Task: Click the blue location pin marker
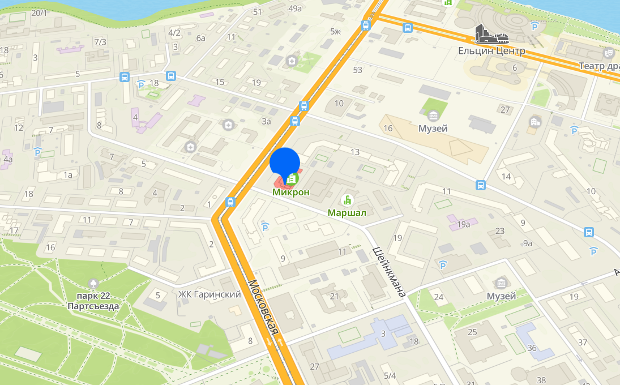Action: coord(285,162)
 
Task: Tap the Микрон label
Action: coord(291,192)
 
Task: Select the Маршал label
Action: coord(347,213)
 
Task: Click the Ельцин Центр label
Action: coord(491,51)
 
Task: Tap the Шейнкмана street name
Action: coord(390,272)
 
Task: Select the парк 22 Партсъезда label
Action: coord(93,301)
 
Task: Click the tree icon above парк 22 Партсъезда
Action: coord(93,283)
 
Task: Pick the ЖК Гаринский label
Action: coord(209,294)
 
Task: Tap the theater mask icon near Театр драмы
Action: coord(609,53)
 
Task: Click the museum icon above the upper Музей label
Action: coord(433,116)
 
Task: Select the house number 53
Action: coord(357,70)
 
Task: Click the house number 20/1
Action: coord(40,12)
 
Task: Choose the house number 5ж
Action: coord(336,31)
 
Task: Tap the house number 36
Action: coord(532,348)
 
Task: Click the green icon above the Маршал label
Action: coord(347,200)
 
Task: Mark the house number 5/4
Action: coord(390,376)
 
